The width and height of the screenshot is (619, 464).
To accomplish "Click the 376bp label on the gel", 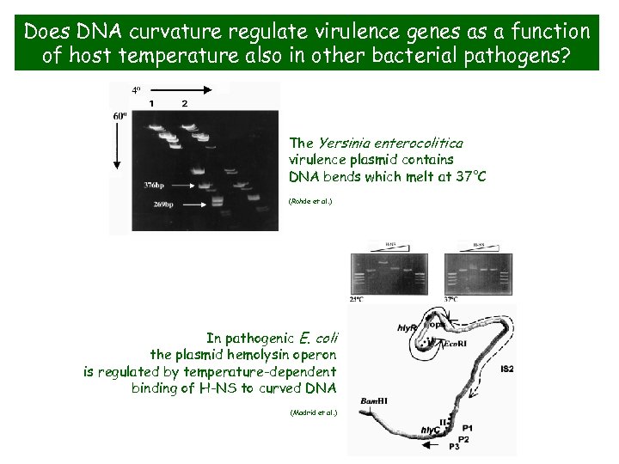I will (x=157, y=184).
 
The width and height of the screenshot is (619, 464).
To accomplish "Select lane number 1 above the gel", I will (x=151, y=103).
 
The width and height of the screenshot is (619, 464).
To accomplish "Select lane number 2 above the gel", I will (x=184, y=103).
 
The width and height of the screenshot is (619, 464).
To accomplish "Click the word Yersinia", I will (x=347, y=143).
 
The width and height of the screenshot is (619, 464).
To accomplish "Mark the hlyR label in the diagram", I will (x=408, y=328).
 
